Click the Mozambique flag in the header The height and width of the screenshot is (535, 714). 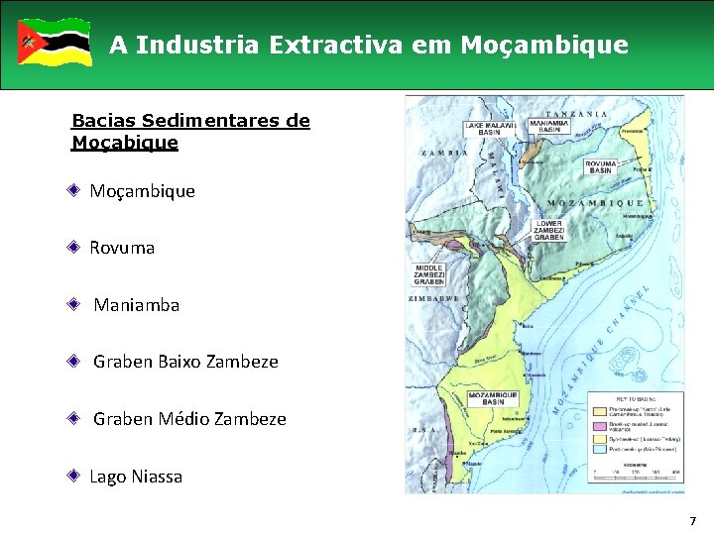click(55, 42)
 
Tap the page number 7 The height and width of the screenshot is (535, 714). click(693, 520)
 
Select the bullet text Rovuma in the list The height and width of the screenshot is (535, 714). click(122, 248)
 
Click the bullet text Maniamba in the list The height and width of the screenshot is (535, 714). click(137, 305)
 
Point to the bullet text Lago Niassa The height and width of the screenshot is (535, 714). click(136, 477)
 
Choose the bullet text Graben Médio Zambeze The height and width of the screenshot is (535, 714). click(189, 419)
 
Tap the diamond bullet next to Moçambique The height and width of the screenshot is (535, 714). click(74, 190)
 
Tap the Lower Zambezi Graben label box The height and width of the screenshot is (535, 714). click(548, 230)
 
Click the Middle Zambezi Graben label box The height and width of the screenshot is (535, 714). click(428, 274)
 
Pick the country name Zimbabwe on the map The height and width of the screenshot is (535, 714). click(433, 298)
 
